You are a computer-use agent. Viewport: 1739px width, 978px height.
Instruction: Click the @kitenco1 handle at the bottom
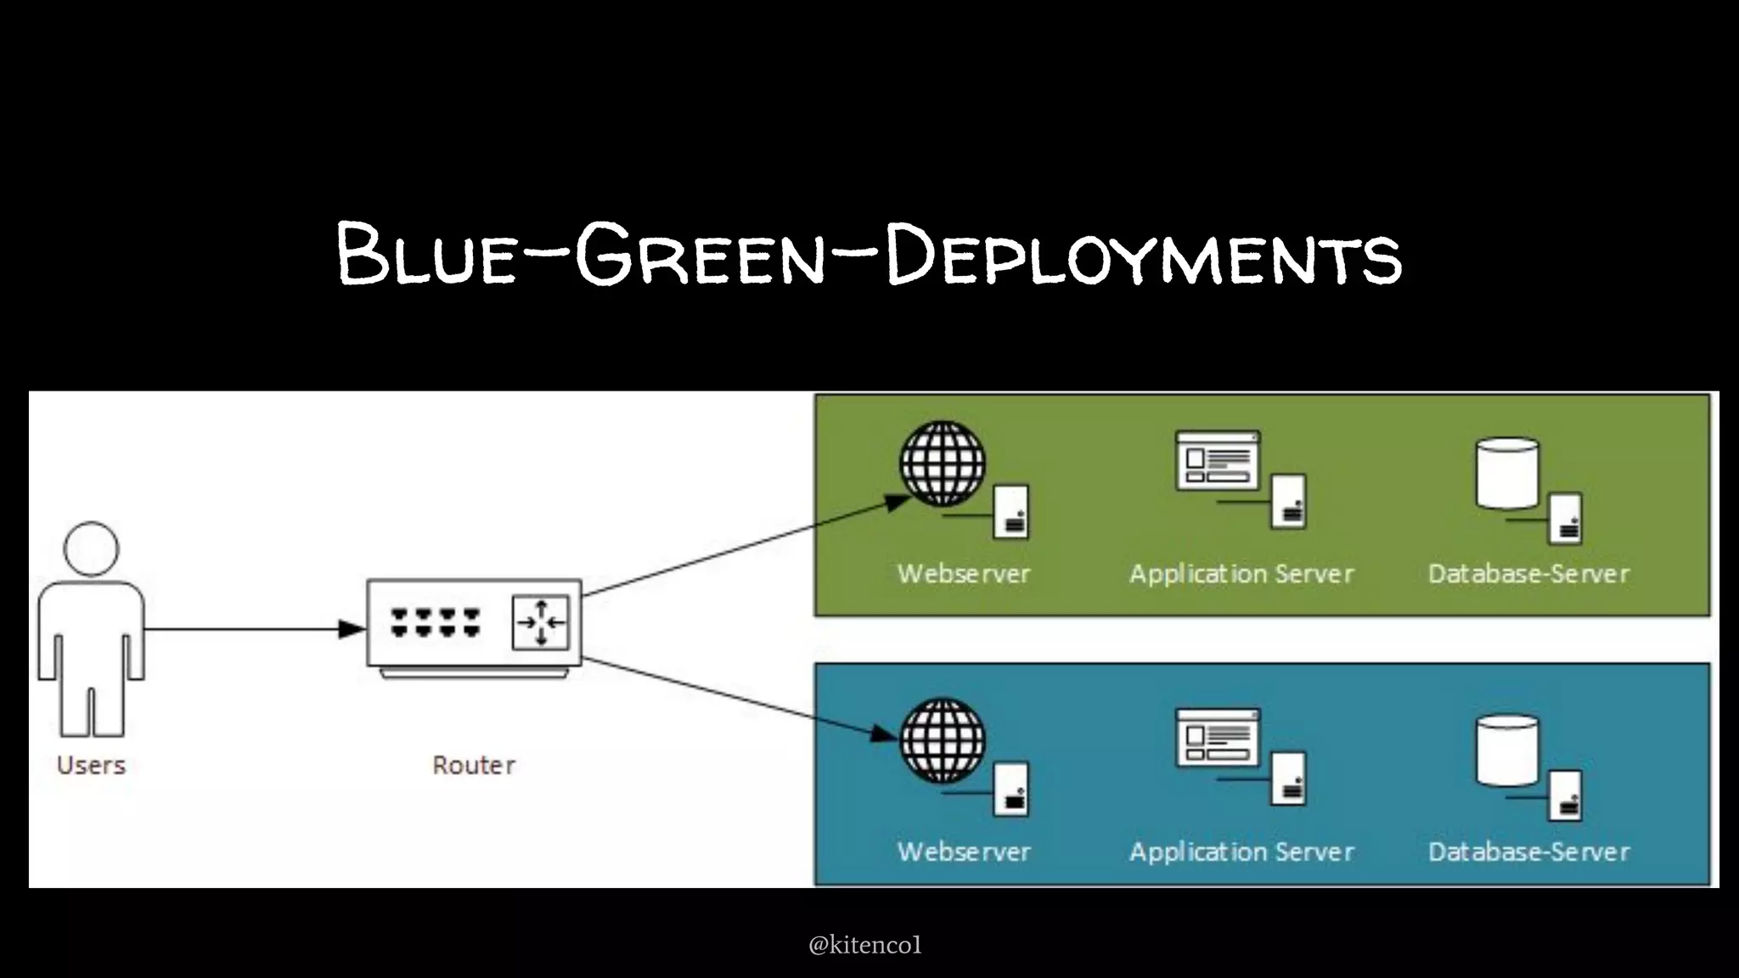[864, 945]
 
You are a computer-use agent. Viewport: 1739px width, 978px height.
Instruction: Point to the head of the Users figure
[91, 548]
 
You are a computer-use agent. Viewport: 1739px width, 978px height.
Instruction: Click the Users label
[91, 765]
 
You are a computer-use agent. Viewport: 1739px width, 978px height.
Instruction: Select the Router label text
[474, 765]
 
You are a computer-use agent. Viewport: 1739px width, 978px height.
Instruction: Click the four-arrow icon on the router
[541, 622]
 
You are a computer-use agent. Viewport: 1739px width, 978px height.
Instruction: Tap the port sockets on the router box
[436, 622]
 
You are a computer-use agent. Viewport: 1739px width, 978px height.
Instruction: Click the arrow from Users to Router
[255, 629]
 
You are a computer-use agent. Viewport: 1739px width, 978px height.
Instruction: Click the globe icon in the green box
[943, 464]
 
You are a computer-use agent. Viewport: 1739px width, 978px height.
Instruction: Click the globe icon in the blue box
[943, 740]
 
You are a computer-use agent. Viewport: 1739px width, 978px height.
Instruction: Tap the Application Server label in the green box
[1241, 574]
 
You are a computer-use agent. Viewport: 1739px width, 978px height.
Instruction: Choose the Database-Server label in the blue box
[1528, 852]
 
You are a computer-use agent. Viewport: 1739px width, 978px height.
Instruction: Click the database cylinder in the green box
[1507, 473]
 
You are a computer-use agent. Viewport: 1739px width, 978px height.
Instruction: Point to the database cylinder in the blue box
[1507, 750]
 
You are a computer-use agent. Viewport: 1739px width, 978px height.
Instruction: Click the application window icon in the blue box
[1218, 738]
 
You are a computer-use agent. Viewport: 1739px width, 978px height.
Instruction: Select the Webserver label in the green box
[964, 574]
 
